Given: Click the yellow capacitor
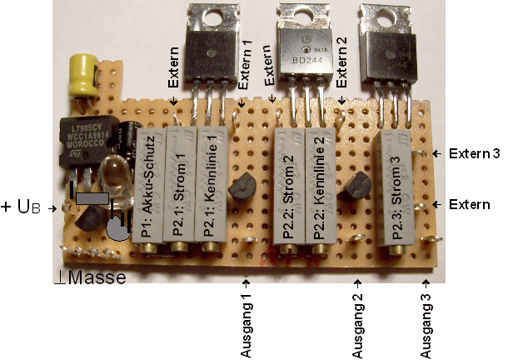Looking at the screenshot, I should pos(83,72).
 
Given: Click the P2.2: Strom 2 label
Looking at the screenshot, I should pos(287,187).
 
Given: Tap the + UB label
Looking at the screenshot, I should pos(24,205).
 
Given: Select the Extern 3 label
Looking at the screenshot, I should pos(473,153).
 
